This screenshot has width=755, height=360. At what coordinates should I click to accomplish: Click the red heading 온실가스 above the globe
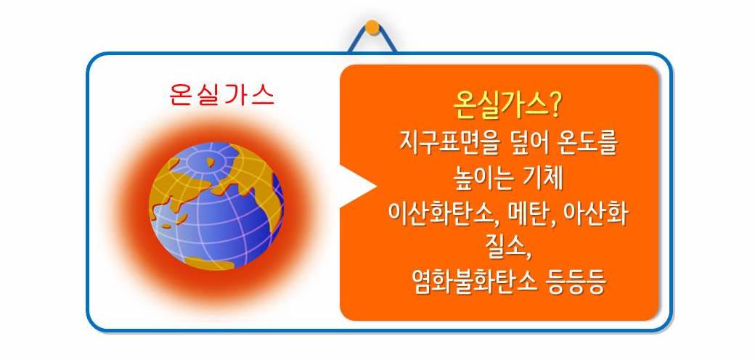pos(221,95)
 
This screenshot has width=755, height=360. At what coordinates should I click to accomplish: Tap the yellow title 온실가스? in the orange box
pos(507,107)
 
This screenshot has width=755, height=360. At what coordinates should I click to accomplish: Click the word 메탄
pos(524,215)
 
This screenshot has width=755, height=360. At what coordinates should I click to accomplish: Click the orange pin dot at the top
pos(372,28)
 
